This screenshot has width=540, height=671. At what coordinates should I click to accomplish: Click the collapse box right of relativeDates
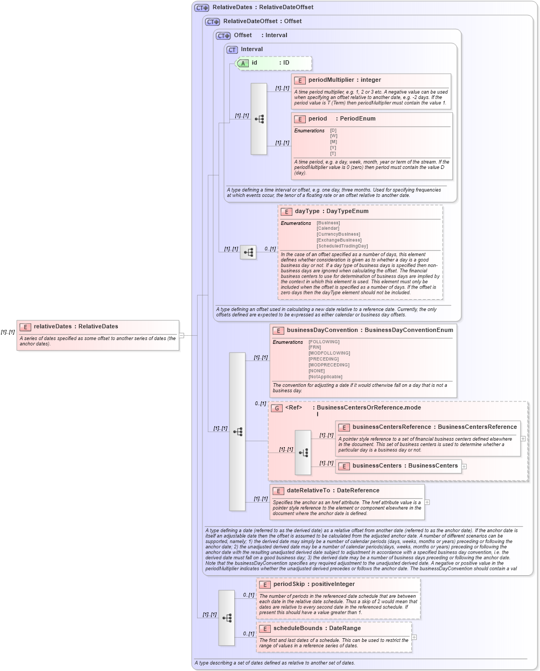click(181, 335)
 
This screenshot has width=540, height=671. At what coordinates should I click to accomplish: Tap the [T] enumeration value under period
click(333, 154)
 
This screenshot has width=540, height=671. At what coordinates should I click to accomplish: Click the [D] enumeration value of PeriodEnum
click(333, 131)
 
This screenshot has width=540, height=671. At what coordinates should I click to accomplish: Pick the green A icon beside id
click(243, 63)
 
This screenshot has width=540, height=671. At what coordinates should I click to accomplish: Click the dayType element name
click(307, 211)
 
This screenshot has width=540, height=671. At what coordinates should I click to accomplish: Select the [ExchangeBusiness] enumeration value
click(339, 240)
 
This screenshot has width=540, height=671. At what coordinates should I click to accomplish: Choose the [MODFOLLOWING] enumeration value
click(329, 354)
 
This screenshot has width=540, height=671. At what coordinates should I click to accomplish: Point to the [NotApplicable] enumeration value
click(325, 377)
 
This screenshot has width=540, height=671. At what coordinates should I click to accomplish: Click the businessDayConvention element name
click(322, 330)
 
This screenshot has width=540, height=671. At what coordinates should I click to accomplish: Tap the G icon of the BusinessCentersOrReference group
click(277, 408)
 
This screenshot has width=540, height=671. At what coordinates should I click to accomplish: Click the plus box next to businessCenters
click(464, 467)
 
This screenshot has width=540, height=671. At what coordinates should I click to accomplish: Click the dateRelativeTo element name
click(308, 491)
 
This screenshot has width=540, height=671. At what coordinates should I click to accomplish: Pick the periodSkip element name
click(290, 584)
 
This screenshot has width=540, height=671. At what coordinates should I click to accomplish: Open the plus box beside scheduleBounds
click(414, 637)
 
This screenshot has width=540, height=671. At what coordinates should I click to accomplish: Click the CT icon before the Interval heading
click(232, 50)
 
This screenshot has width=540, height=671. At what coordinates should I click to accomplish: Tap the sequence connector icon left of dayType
click(248, 252)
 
